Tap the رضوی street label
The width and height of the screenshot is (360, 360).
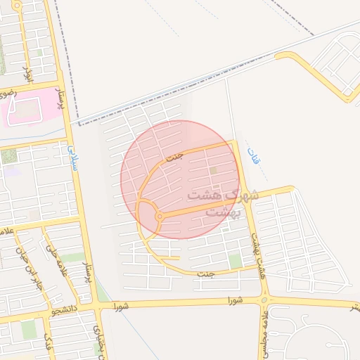(6, 92)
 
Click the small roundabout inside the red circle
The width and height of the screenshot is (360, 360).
(160, 217)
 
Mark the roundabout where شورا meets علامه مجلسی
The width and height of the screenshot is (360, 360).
(264, 302)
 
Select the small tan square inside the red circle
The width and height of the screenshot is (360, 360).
(213, 170)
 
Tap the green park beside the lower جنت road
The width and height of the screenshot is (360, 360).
(235, 261)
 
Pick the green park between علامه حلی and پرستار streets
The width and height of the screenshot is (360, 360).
(72, 257)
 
